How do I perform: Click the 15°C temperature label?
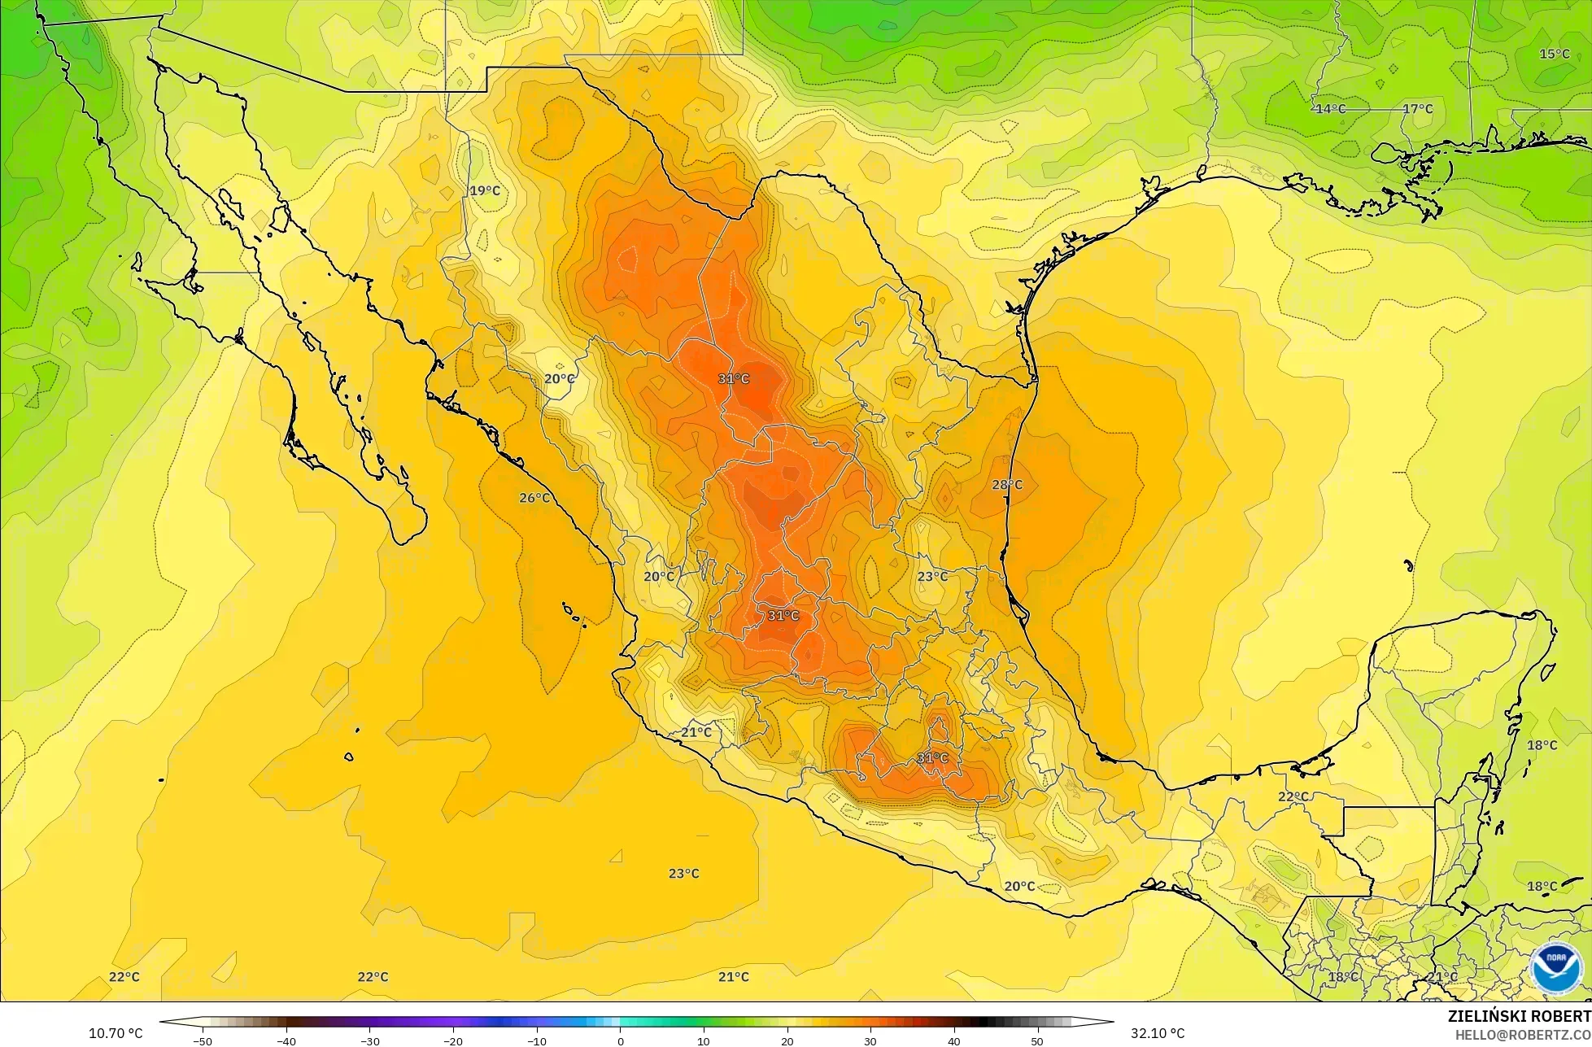[1554, 54]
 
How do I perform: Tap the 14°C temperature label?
[1330, 109]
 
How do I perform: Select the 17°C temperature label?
[1417, 109]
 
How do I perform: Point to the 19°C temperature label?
[485, 191]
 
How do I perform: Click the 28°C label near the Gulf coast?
[1007, 485]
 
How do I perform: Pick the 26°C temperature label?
[534, 498]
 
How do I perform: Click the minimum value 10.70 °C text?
[116, 1033]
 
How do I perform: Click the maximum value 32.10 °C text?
[1157, 1033]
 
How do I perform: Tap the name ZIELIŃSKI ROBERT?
[1519, 1016]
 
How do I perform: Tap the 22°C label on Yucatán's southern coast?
[1293, 796]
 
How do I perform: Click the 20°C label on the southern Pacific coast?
[1019, 887]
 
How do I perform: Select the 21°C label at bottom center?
[733, 977]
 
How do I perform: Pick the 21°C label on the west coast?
[696, 732]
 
